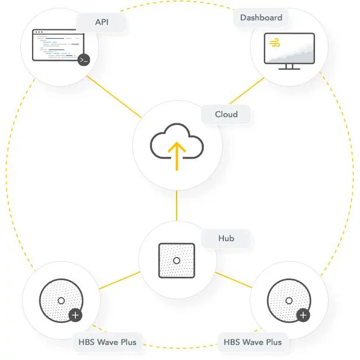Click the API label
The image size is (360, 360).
click(x=102, y=22)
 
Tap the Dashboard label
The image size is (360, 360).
click(x=261, y=17)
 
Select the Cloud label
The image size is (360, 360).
click(x=226, y=114)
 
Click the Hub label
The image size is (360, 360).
click(x=226, y=238)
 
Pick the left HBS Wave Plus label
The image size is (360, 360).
click(x=107, y=342)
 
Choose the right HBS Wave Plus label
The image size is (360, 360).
click(x=253, y=342)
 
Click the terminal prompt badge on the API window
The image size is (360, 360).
click(x=84, y=60)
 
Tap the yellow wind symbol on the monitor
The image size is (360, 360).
click(x=275, y=43)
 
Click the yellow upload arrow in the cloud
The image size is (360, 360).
click(x=177, y=156)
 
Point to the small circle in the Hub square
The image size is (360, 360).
click(x=177, y=260)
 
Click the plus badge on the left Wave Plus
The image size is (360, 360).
click(x=75, y=315)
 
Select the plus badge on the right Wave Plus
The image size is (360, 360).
click(x=303, y=315)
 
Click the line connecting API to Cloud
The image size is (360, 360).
click(x=114, y=97)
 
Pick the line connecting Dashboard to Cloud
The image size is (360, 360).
click(x=247, y=91)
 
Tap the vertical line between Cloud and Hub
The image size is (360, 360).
click(x=177, y=205)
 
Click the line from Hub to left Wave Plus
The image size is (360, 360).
click(x=119, y=280)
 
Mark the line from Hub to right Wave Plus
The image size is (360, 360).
click(x=233, y=280)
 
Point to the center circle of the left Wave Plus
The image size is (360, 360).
click(x=61, y=300)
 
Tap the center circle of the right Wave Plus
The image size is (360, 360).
click(x=289, y=300)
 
